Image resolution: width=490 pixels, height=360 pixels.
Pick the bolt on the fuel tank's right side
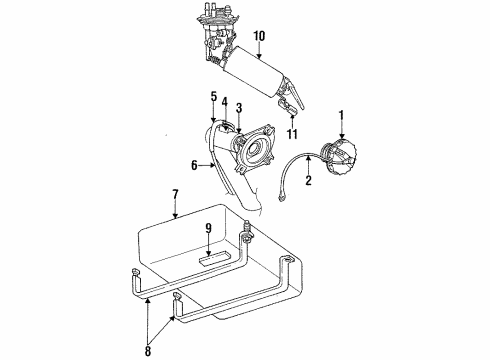pyautogui.click(x=246, y=239)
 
